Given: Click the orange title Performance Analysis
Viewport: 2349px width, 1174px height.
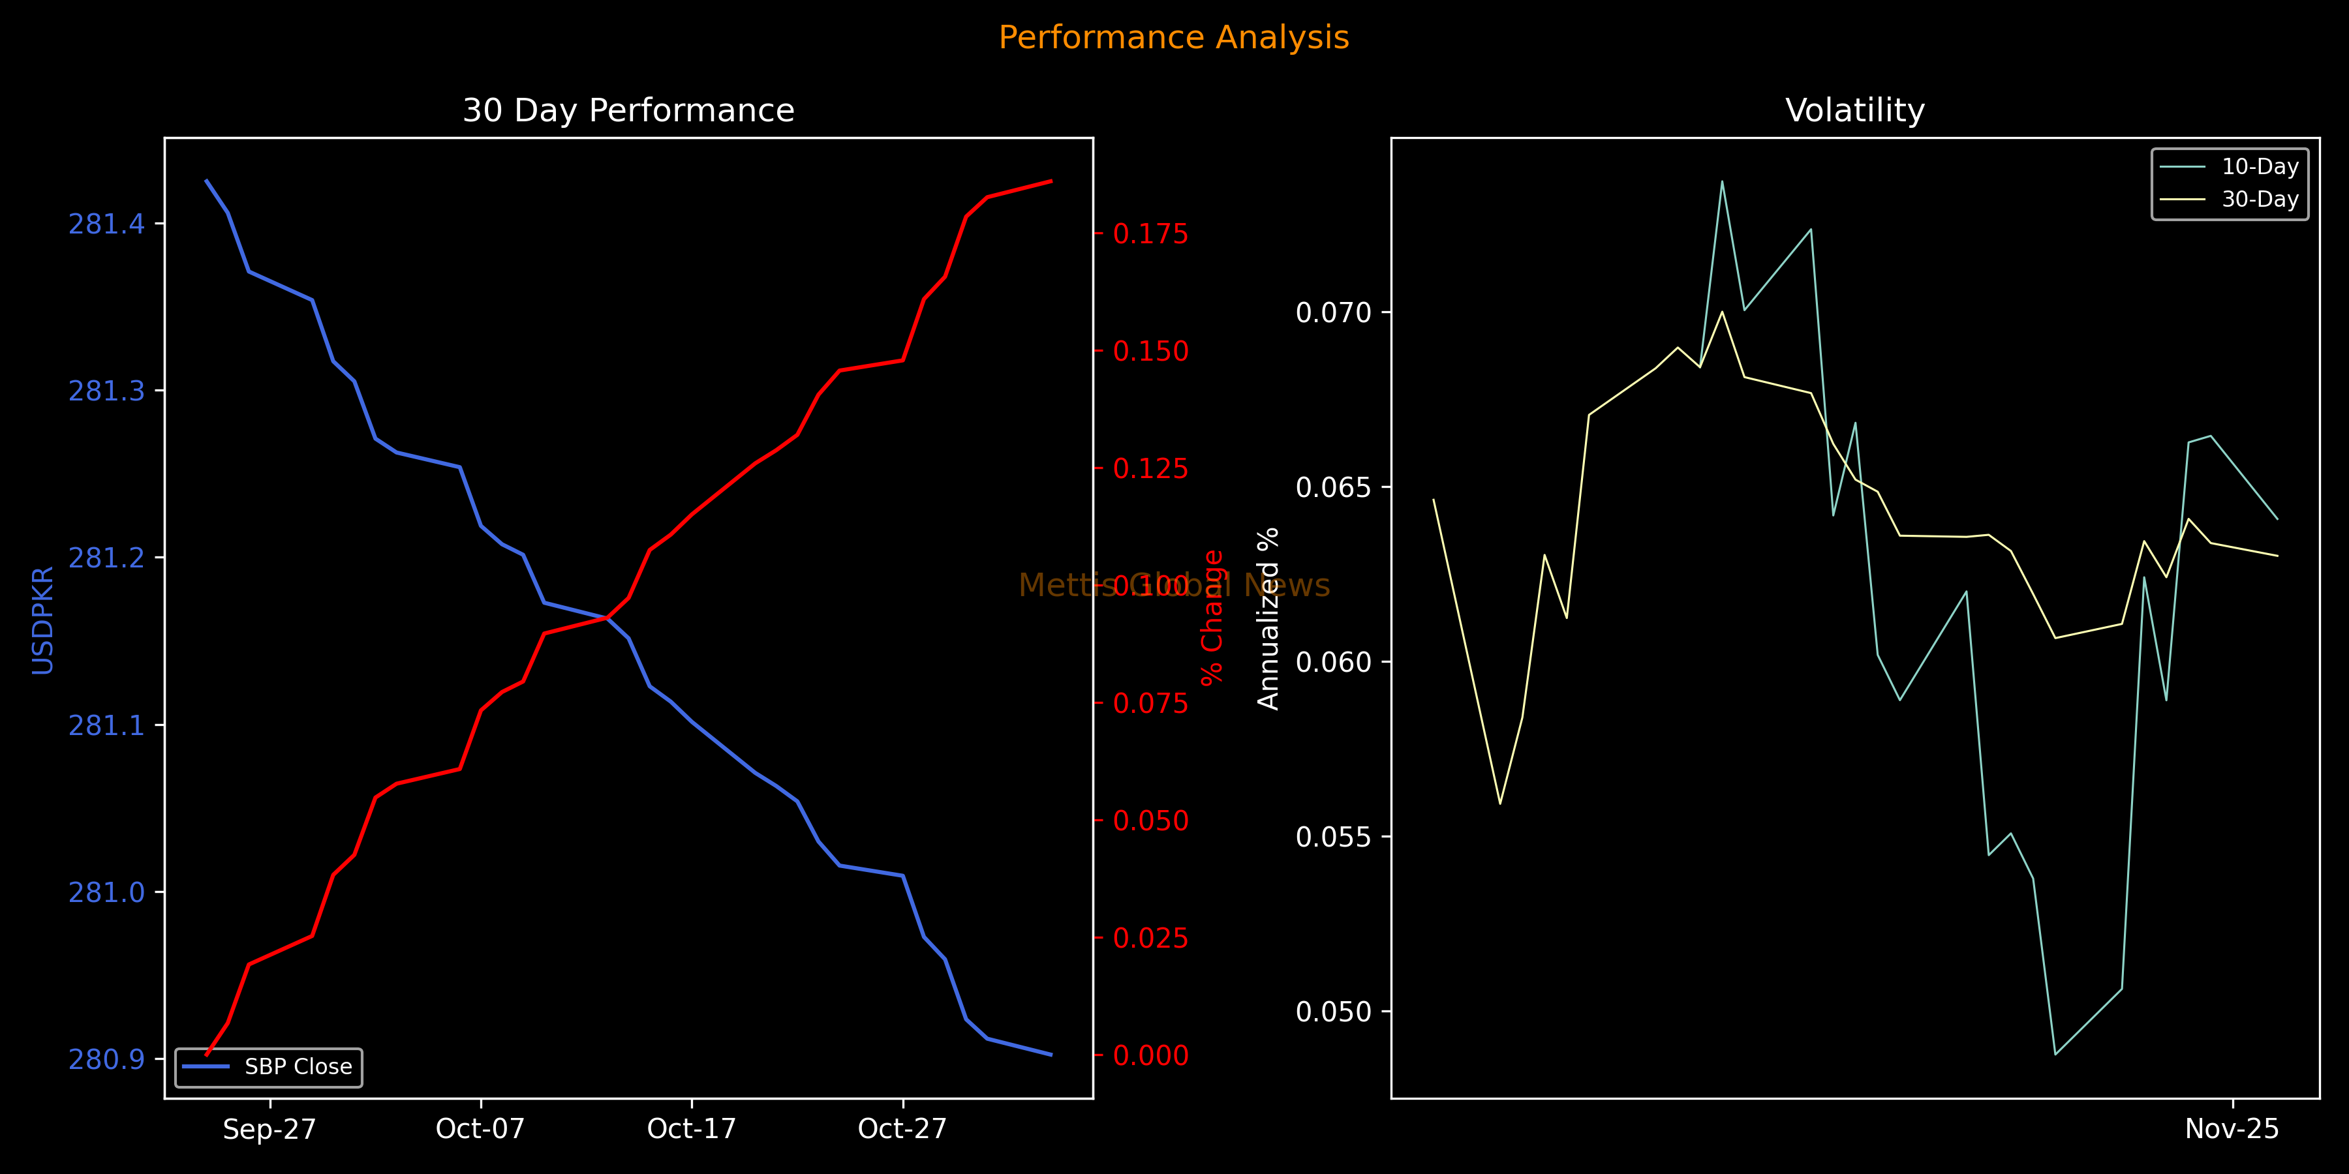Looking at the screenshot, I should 1174,37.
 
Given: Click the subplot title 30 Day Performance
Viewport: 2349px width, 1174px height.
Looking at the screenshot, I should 628,110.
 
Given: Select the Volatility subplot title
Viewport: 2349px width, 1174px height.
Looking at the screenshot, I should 1855,110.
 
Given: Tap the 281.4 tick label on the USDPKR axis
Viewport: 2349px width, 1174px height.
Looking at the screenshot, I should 107,224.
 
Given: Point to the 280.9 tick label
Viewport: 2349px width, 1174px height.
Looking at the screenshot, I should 107,1059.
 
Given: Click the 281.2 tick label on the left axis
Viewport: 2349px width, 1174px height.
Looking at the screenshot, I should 107,558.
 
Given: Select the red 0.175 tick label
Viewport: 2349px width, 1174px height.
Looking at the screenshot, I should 1151,234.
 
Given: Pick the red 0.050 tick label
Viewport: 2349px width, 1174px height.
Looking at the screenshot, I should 1151,821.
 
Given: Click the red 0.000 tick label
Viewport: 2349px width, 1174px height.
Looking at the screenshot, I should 1151,1055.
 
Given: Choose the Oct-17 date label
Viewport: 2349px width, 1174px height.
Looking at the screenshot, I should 691,1130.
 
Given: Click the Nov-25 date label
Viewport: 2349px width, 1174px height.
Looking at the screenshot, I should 2232,1130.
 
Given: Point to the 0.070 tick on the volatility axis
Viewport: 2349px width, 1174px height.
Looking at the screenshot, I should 1333,312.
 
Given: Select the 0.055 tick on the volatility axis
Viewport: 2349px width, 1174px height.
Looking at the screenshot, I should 1333,837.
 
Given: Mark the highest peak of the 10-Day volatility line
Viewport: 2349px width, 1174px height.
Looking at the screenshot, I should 1722,181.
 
